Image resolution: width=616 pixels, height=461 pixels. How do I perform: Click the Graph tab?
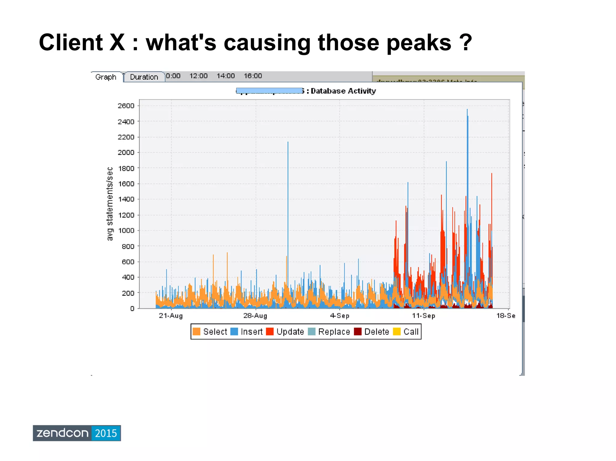point(106,77)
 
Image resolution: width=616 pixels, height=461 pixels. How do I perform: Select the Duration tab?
point(144,77)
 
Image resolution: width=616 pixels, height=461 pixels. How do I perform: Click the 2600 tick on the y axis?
point(126,106)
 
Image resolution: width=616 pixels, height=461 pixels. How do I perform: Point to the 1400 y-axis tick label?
point(126,199)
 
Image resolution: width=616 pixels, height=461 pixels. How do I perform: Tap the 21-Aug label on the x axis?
point(171,316)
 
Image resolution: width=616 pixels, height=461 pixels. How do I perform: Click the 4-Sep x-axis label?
point(340,316)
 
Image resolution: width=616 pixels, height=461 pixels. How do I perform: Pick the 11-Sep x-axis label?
point(423,316)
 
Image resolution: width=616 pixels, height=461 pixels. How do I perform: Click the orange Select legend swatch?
point(196,332)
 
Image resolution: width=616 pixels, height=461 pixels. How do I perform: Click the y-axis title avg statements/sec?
point(110,204)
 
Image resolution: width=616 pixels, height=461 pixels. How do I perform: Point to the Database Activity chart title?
point(343,91)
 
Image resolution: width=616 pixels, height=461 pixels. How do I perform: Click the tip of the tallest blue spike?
point(467,110)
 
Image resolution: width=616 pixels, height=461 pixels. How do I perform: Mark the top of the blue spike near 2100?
point(288,142)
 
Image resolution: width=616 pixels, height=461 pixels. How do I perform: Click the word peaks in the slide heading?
point(419,43)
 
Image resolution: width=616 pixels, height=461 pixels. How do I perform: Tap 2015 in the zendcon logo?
point(106,433)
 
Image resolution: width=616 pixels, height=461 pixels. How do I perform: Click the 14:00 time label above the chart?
point(226,76)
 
